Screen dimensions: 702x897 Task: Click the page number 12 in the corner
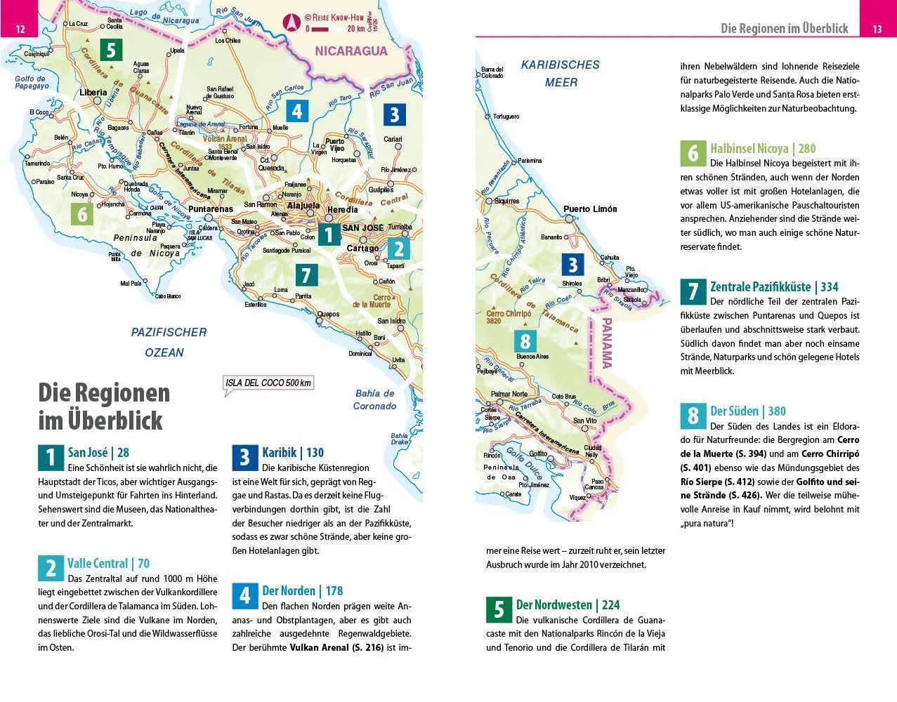click(20, 29)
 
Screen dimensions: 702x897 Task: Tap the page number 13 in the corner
click(877, 29)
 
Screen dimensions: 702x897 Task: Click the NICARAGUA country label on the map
click(351, 51)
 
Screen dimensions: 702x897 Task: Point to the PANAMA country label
click(605, 344)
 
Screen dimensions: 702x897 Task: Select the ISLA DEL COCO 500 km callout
click(268, 383)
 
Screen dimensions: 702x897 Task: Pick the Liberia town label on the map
click(93, 93)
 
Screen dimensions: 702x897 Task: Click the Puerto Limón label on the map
click(590, 209)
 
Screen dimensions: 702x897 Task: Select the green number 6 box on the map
click(82, 213)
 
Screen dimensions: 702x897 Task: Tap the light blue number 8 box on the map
click(525, 342)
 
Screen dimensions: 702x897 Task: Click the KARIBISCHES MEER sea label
click(561, 73)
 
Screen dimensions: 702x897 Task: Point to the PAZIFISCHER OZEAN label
click(169, 342)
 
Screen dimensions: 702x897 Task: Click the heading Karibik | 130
click(293, 453)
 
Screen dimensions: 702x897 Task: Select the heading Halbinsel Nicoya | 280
click(763, 148)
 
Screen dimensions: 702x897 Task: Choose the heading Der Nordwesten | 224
click(568, 605)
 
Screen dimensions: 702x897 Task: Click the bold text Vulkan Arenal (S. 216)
click(336, 647)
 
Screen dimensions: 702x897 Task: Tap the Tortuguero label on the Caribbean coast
click(506, 117)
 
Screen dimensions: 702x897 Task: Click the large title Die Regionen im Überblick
click(104, 406)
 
